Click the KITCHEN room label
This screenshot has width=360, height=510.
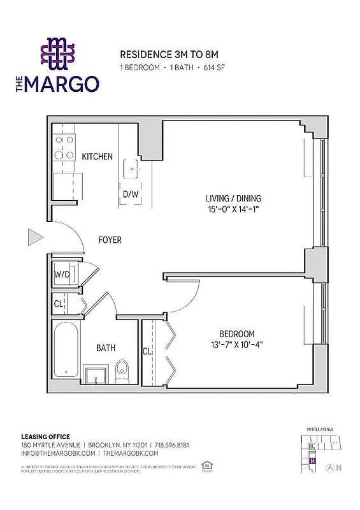tap(97, 156)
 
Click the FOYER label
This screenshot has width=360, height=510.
tap(109, 240)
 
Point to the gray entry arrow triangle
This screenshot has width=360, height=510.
tap(34, 238)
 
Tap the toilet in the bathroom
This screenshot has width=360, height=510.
tap(122, 371)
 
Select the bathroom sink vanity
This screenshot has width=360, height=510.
tap(97, 374)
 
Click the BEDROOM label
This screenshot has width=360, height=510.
tap(236, 334)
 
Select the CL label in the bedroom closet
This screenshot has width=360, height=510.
tap(147, 351)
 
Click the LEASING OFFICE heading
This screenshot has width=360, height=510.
tap(45, 436)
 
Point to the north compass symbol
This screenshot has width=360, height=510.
tap(330, 467)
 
